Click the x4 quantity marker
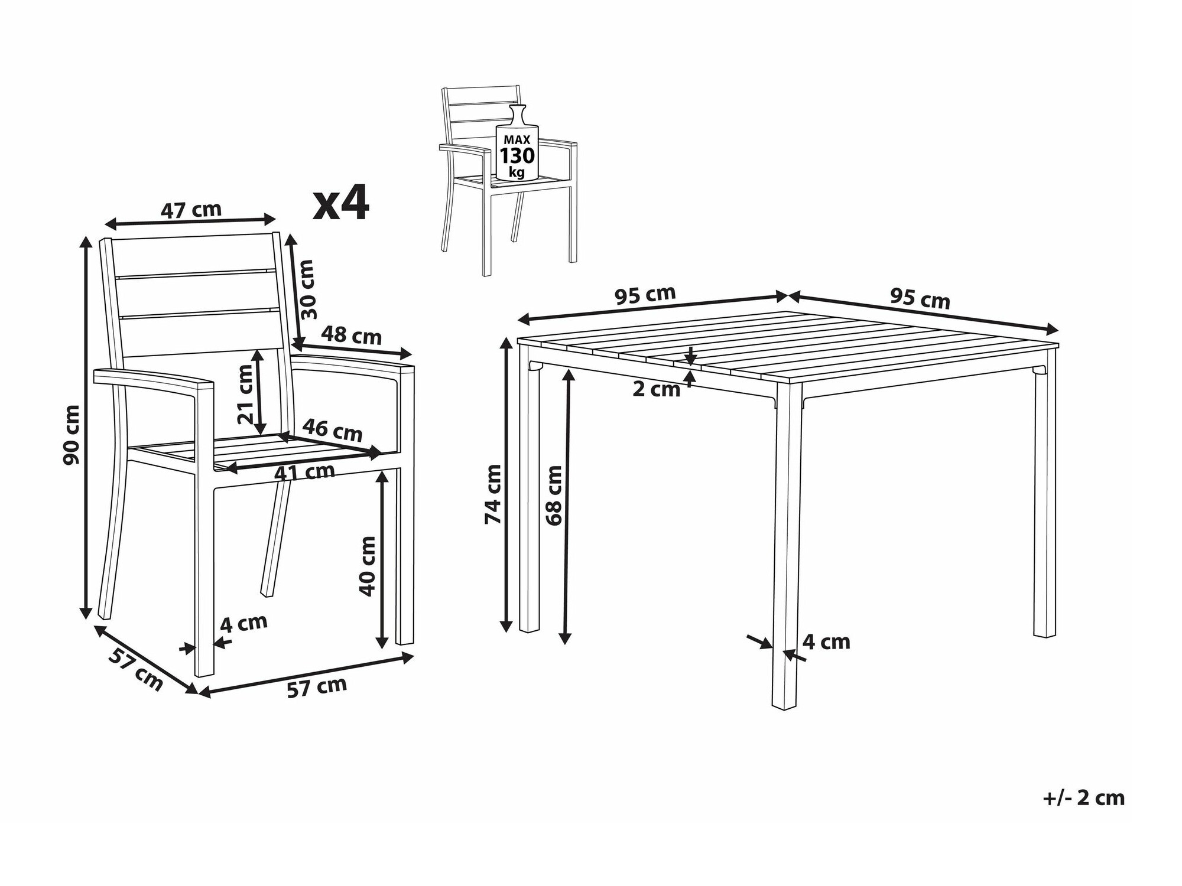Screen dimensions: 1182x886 pos(341,203)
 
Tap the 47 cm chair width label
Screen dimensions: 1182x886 pos(191,209)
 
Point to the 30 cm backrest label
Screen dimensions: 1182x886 pos(307,289)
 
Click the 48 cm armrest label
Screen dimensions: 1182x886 pos(352,335)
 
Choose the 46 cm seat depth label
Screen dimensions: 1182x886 pos(332,430)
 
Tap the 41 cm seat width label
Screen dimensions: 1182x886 pos(304,472)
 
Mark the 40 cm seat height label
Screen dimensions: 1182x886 pos(367,566)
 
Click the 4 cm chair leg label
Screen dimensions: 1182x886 pos(243,623)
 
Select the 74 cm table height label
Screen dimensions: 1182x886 pos(493,494)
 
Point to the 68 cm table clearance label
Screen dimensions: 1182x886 pos(554,496)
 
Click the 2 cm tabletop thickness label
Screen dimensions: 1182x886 pos(657,389)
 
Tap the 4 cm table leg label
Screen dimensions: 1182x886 pos(826,641)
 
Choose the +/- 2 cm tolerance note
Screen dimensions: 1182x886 pos(1083,798)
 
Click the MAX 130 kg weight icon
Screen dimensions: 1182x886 pos(517,144)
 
